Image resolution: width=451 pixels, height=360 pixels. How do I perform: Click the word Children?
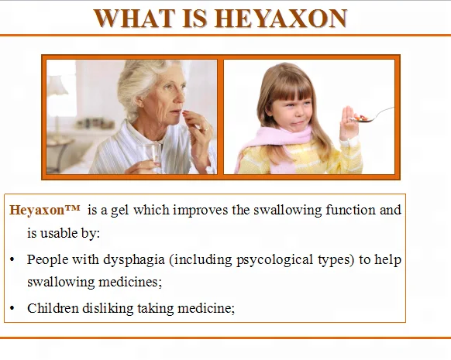pos(51,307)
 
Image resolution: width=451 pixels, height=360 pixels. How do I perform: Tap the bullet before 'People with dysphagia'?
pos(12,259)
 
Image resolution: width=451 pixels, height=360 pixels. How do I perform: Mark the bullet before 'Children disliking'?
pos(12,307)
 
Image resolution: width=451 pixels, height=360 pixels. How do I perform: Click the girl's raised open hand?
pos(349,123)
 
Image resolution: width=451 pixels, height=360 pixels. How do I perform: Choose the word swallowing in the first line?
pos(289,210)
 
